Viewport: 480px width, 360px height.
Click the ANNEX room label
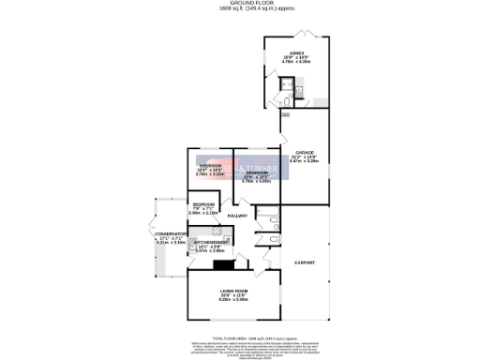pyautogui.click(x=296, y=52)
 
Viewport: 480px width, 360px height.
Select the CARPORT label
pyautogui.click(x=303, y=262)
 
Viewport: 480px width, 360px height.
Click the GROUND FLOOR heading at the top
pyautogui.click(x=240, y=3)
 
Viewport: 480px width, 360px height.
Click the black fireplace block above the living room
pyautogui.click(x=224, y=265)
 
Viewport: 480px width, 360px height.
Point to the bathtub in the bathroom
pyautogui.click(x=271, y=223)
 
